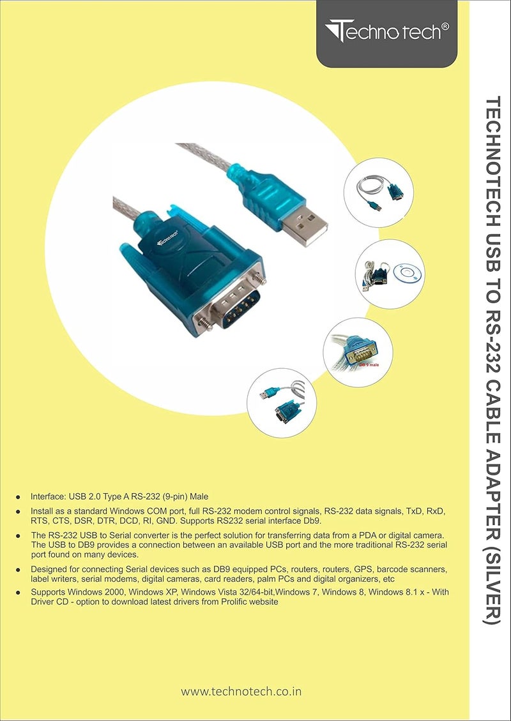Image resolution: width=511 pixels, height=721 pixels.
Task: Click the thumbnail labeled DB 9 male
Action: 358,352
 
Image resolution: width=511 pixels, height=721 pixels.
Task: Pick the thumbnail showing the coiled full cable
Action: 379,191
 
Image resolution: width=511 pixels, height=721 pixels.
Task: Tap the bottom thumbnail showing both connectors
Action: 281,402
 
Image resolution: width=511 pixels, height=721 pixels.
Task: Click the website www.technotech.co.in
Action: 241,691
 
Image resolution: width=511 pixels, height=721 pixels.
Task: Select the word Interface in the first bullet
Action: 50,496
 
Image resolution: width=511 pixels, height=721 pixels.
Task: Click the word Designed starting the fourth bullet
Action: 50,569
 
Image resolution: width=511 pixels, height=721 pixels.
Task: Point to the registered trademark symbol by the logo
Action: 445,27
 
